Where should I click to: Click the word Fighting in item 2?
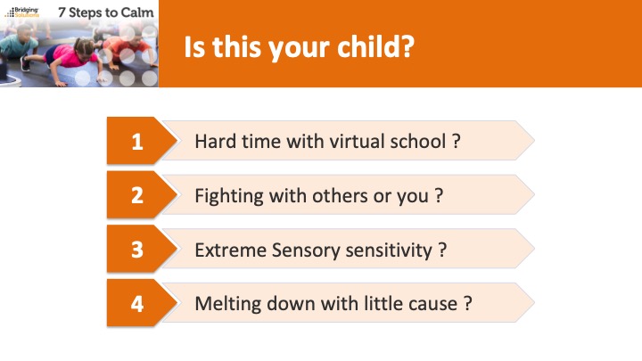point(229,196)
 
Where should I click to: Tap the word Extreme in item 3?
point(231,250)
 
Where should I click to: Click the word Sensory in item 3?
point(306,250)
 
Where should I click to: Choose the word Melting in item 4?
point(227,305)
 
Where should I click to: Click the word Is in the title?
point(194,46)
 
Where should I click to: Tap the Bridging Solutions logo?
point(22,12)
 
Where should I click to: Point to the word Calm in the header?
point(136,12)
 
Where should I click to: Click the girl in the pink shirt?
point(70,57)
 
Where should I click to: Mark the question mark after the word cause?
point(467,304)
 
